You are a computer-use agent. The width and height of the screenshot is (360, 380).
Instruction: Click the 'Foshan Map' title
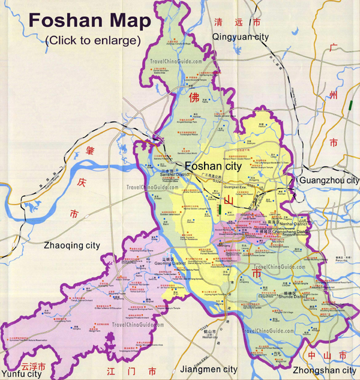89,21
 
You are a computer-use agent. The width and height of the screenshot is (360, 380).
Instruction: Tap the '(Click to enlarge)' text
92,41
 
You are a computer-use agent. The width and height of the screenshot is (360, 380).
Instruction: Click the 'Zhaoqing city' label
72,245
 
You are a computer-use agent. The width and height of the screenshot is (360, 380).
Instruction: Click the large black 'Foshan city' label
212,165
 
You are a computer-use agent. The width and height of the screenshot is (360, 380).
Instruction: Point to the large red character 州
334,95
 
